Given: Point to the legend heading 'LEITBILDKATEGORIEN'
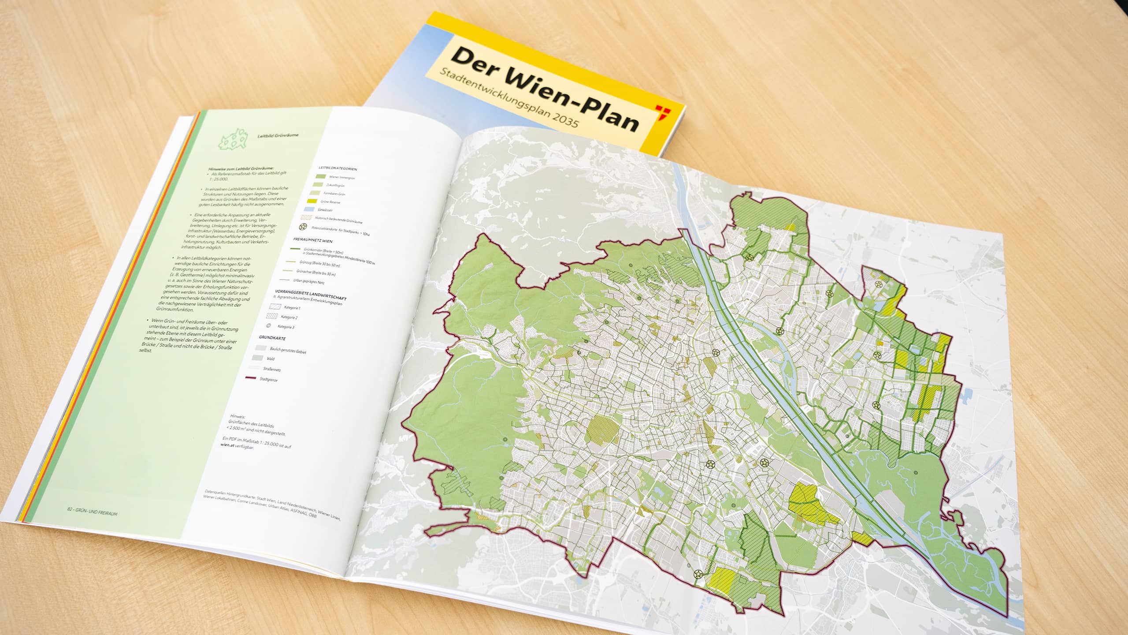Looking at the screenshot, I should point(338,168).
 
